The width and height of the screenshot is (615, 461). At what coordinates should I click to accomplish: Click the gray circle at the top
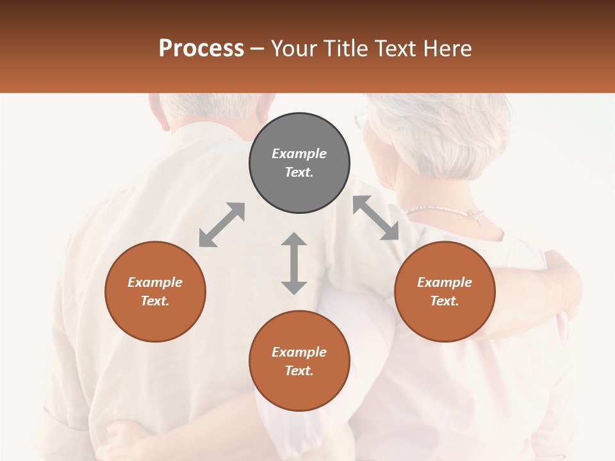(299, 163)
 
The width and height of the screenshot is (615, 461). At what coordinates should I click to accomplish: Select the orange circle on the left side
(155, 291)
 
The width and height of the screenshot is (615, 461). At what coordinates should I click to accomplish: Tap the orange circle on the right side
(445, 291)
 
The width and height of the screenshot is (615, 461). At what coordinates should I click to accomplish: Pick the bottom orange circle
(299, 361)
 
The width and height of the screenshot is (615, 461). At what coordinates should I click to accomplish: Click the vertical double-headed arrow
(294, 263)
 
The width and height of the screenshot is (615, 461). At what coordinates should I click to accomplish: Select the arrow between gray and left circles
(222, 225)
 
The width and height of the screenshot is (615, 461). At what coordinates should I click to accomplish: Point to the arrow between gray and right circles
(376, 218)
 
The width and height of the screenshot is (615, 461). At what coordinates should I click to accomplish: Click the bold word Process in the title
(201, 48)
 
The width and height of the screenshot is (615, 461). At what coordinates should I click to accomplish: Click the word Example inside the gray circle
(299, 154)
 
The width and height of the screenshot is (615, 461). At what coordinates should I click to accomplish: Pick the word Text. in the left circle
(155, 301)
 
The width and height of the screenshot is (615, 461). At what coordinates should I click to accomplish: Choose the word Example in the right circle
(445, 282)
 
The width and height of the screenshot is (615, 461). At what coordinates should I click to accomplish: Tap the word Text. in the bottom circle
(299, 371)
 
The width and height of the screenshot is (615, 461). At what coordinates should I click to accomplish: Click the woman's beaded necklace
(442, 211)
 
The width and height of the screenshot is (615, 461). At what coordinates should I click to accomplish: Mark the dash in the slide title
(258, 49)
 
